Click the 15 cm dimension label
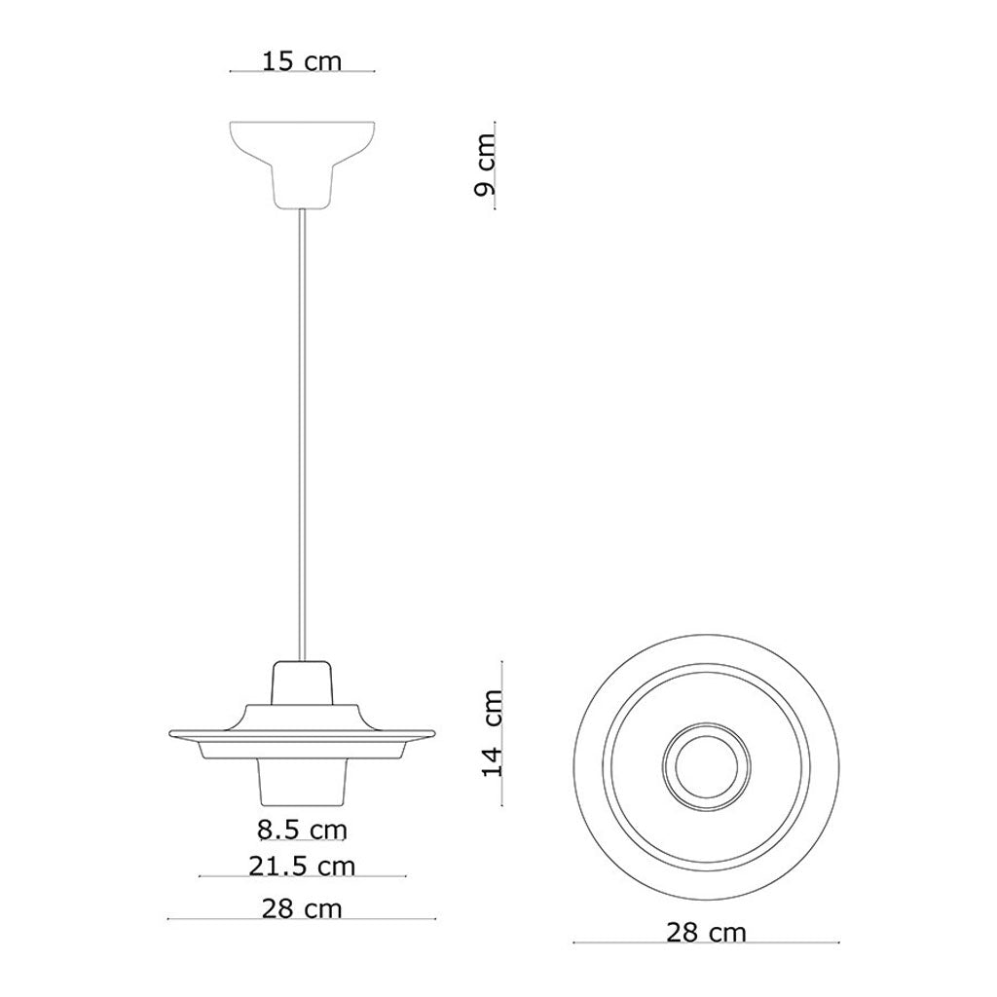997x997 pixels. tap(302, 61)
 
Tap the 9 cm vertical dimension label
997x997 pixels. tap(486, 164)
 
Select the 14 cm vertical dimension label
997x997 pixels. tap(492, 732)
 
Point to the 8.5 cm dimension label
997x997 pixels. tap(302, 830)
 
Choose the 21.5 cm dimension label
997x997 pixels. tap(302, 866)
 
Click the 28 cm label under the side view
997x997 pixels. tap(302, 908)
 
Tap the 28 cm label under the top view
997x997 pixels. tap(707, 933)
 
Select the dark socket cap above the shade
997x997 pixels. tap(302, 682)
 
